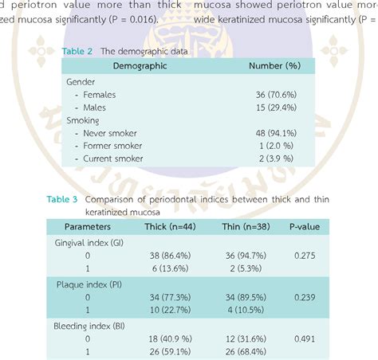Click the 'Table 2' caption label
pyautogui.click(x=77, y=51)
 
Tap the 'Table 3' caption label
pyautogui.click(x=62, y=199)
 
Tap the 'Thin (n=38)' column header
pyautogui.click(x=247, y=227)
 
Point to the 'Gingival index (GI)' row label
pyautogui.click(x=89, y=241)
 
